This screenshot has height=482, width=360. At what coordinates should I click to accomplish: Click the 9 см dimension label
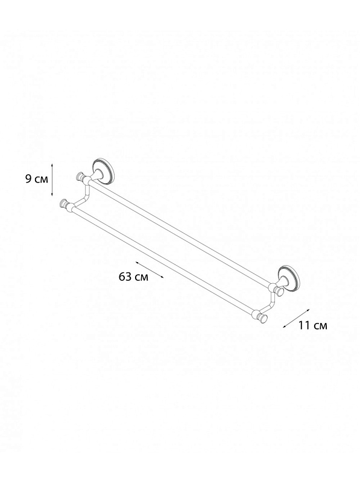(x=37, y=179)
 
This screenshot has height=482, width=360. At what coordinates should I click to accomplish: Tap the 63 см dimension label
(x=133, y=277)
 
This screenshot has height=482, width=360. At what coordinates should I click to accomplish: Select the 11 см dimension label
(x=312, y=325)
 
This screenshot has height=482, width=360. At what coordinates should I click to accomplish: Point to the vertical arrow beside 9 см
(x=52, y=180)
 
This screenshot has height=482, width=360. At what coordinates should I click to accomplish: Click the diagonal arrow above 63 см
(x=150, y=270)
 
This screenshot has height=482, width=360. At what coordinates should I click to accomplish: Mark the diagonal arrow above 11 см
(x=295, y=319)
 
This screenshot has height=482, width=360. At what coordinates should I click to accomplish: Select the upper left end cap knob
(x=80, y=176)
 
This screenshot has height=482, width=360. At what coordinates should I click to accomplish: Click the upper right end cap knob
(x=279, y=292)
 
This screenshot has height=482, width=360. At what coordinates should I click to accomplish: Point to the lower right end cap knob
(x=263, y=319)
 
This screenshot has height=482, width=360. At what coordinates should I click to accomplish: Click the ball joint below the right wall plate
(x=272, y=287)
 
